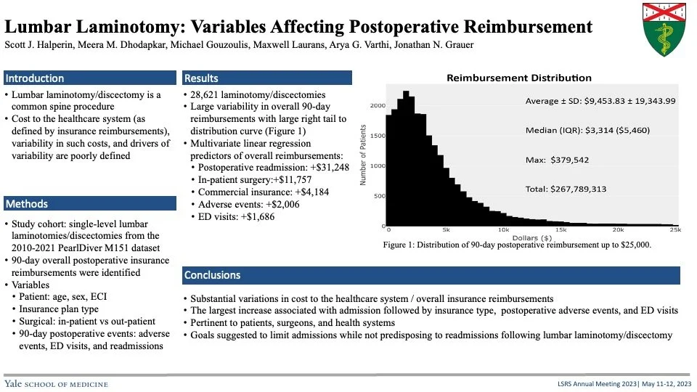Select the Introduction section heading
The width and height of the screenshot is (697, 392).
click(35, 78)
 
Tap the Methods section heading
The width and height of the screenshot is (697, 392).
click(26, 204)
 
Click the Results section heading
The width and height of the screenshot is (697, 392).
click(201, 78)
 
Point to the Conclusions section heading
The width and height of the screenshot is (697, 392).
click(212, 276)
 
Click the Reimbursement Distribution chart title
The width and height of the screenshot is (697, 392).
click(518, 78)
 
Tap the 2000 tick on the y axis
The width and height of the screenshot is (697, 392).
click(376, 105)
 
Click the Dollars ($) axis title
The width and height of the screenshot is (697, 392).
click(532, 237)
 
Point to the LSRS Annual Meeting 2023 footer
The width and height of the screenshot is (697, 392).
click(577, 383)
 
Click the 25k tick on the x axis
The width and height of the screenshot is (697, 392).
click(674, 229)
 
